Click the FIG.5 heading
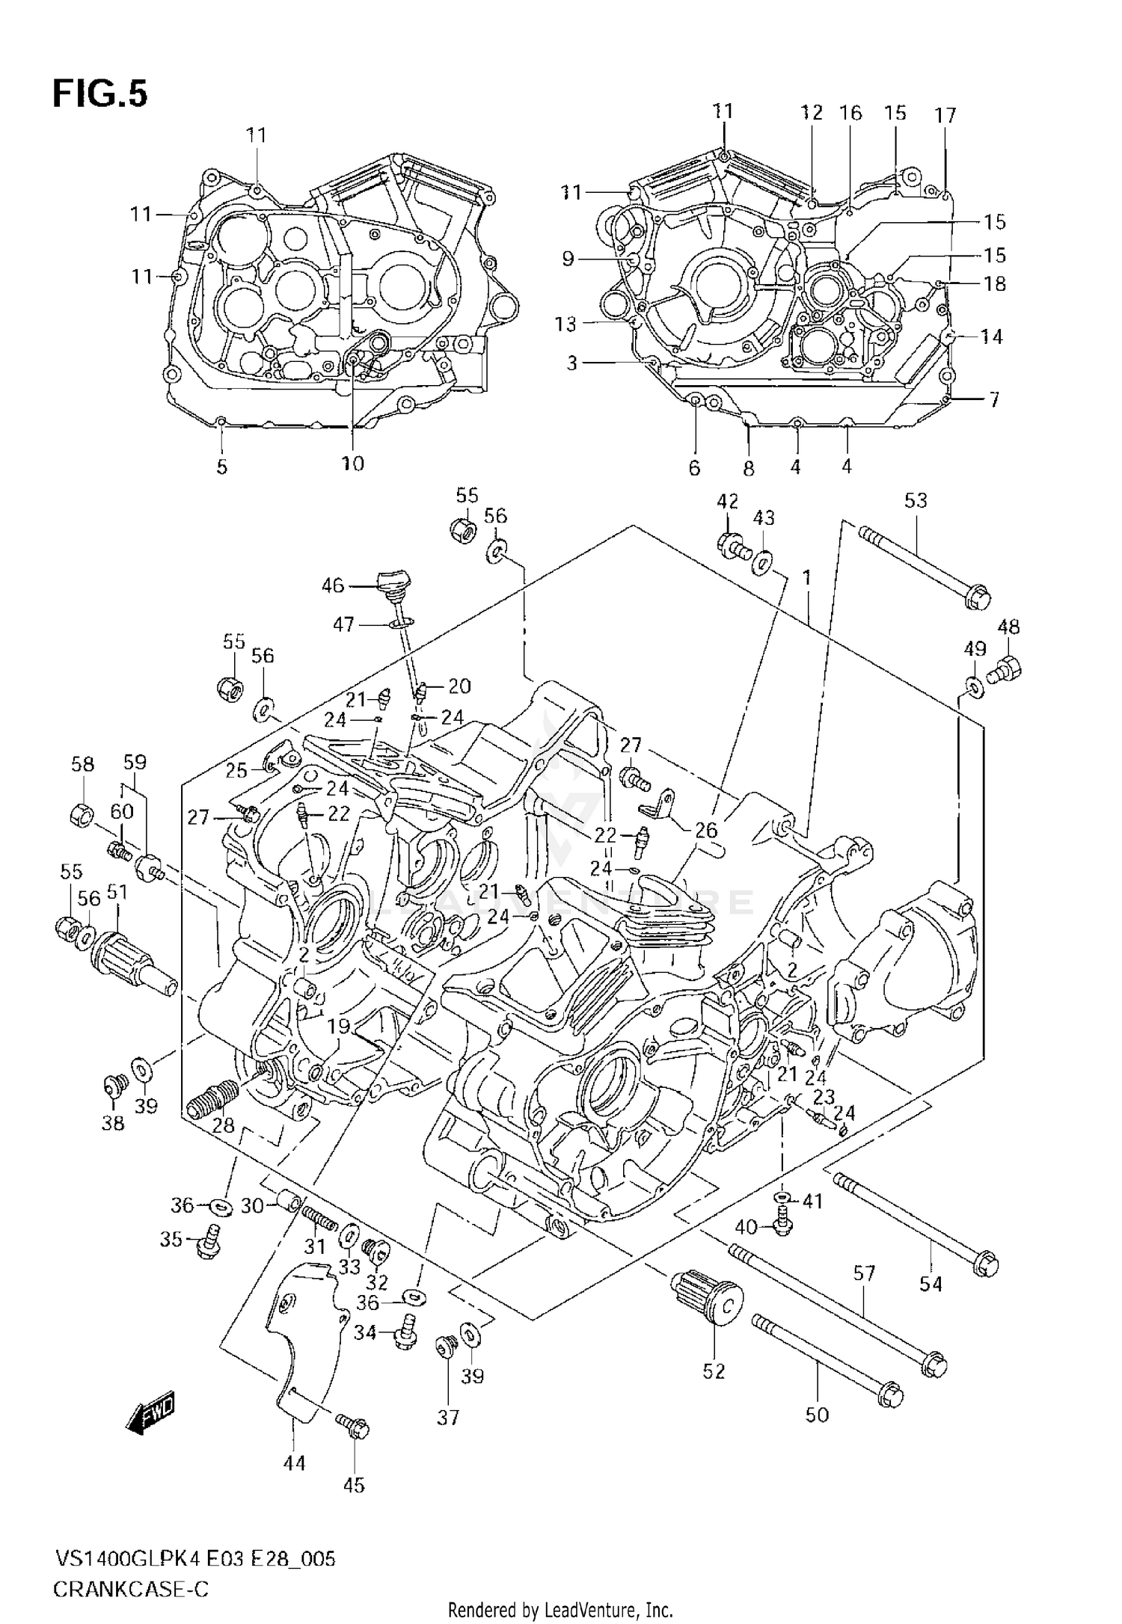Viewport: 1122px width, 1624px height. coord(100,94)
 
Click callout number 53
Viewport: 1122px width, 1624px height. coord(915,500)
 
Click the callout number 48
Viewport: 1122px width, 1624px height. coord(1008,627)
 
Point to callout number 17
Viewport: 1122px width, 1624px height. coord(945,115)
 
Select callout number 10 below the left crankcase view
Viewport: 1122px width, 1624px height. coord(352,464)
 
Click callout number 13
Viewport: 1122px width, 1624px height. coord(565,324)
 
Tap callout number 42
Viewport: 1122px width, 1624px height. coord(727,501)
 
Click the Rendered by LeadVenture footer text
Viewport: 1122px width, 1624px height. coord(561,1609)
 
